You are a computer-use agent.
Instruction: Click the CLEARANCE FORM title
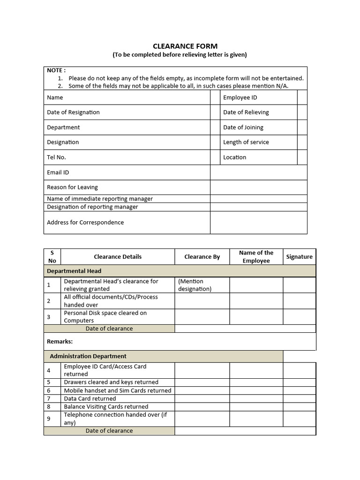point(185,46)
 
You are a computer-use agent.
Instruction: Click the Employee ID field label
point(240,97)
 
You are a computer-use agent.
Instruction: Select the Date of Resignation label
point(73,112)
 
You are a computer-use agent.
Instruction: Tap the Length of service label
point(246,142)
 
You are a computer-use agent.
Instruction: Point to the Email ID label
point(58,172)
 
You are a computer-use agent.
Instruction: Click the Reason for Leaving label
point(72,187)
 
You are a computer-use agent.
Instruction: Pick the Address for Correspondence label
point(85,222)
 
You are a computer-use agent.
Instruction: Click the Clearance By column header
point(202,257)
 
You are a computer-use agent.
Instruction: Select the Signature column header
point(299,257)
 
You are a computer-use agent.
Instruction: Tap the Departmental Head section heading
point(74,271)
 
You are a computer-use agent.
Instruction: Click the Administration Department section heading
point(88,356)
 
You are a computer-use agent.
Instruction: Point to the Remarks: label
point(60,341)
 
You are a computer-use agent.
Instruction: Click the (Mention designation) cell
point(195,285)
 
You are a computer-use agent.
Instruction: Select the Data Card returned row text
point(90,398)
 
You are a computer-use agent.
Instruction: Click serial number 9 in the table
point(49,419)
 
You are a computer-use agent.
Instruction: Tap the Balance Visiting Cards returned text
point(106,406)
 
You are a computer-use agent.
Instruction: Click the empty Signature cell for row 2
point(299,301)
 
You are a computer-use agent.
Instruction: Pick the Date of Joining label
point(243,127)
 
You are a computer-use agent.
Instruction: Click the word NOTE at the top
point(56,70)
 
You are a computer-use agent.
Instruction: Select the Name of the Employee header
point(256,257)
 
